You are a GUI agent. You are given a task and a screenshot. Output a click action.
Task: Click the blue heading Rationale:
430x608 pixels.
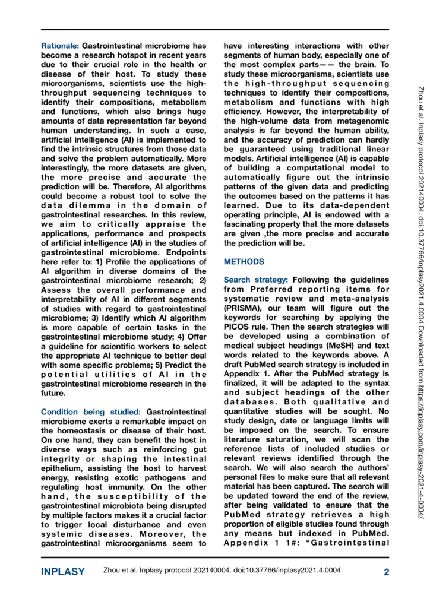click(x=59, y=45)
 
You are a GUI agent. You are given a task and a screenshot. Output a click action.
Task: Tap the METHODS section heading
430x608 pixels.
click(x=244, y=261)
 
